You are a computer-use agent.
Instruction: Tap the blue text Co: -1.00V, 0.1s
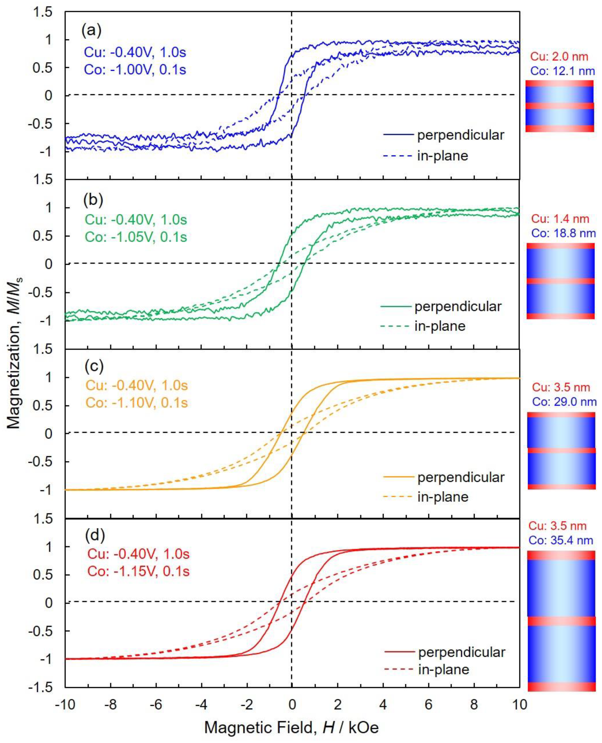pos(135,69)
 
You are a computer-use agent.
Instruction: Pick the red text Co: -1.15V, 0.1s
pos(138,571)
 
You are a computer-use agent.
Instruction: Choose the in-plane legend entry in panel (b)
pos(440,326)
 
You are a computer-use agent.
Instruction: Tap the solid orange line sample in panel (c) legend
pos(398,477)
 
